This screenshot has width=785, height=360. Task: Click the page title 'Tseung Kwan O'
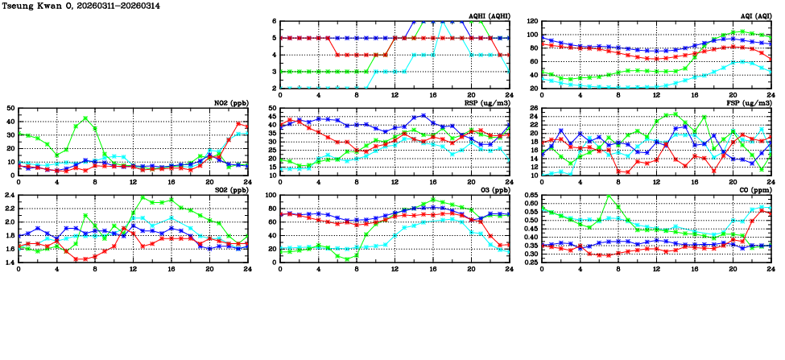point(35,6)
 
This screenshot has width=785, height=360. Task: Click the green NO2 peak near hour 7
point(85,118)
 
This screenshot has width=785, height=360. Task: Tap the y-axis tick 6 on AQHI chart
point(275,22)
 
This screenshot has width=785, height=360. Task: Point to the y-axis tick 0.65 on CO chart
point(531,196)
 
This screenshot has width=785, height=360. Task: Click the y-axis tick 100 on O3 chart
point(271,196)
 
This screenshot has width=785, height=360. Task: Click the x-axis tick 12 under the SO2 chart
point(133,270)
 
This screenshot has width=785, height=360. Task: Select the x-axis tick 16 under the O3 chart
point(433,270)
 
